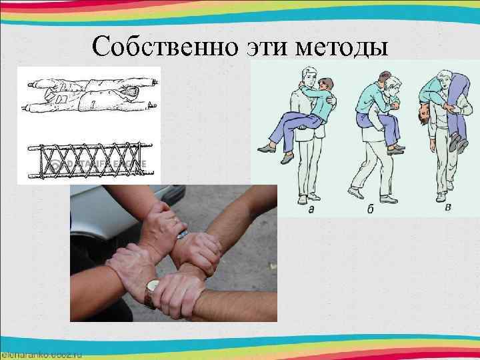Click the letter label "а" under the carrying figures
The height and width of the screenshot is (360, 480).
312,209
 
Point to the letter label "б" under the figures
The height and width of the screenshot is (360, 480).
371,209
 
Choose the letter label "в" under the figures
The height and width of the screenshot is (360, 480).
447,207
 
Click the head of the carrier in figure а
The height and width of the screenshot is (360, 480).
307,75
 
